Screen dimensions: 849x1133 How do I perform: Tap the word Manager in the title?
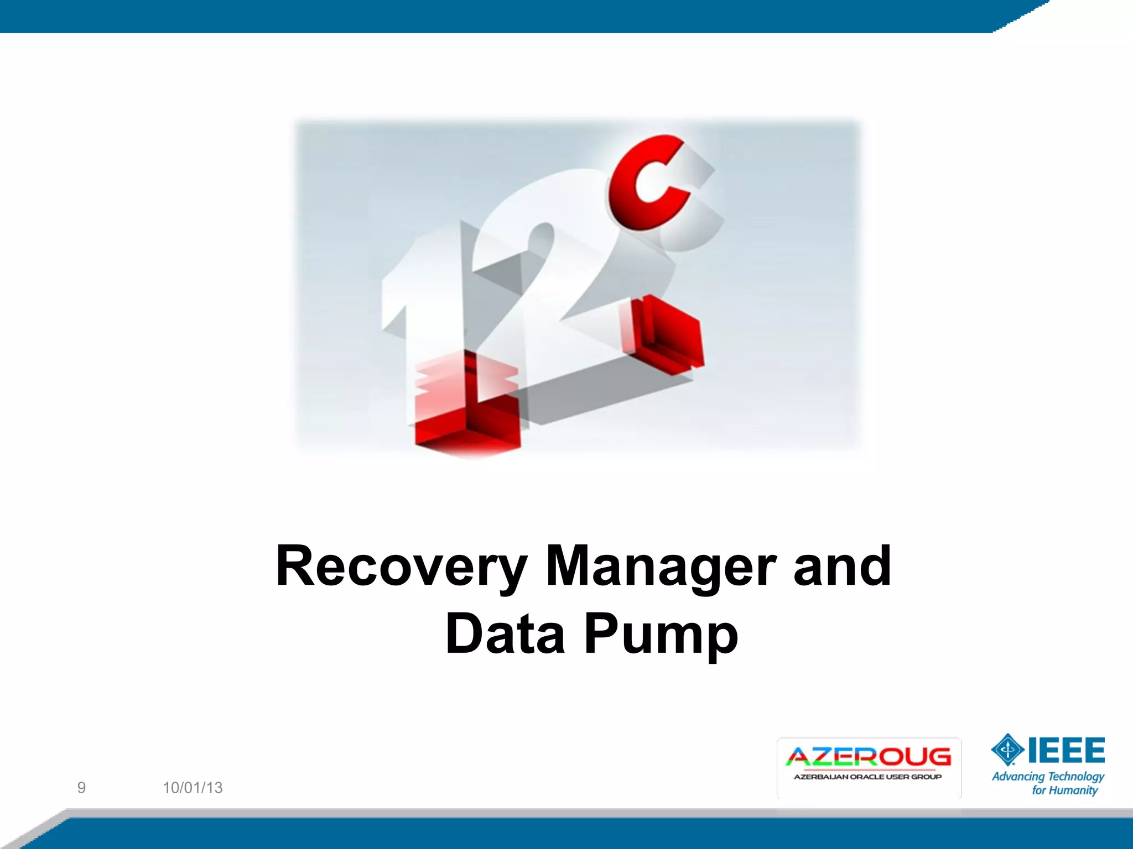[661, 567]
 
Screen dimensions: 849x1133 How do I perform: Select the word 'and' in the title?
[842, 567]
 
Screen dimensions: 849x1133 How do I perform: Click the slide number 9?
[81, 788]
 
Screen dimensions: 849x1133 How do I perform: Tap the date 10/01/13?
[193, 788]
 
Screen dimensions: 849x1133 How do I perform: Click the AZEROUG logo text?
[868, 757]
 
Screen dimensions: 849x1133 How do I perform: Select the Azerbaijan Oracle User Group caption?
[868, 777]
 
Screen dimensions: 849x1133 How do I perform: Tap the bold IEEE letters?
[1067, 750]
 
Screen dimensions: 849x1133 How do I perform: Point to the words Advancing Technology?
[1048, 777]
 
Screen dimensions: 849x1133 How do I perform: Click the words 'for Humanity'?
[1064, 790]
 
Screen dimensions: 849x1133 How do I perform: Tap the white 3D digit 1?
[420, 298]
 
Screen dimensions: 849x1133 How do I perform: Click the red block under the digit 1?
[467, 409]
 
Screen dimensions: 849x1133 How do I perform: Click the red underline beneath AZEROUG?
[868, 769]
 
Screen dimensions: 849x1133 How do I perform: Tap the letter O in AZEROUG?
[892, 757]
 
